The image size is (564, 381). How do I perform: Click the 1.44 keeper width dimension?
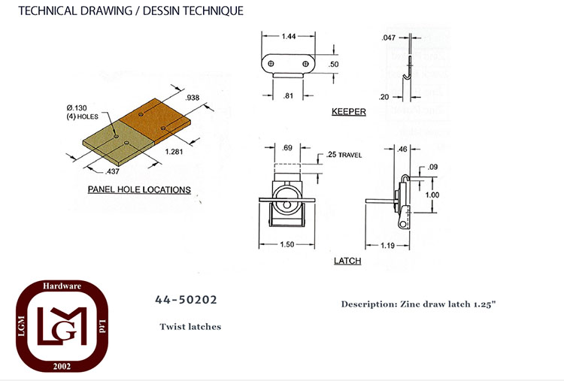(289, 36)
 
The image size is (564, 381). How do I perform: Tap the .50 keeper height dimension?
(334, 65)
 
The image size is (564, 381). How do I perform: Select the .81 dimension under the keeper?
(288, 96)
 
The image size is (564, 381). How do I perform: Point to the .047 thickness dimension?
(389, 38)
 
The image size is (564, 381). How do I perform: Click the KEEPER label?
(348, 111)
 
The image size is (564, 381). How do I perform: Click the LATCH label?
(347, 261)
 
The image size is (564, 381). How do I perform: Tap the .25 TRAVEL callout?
(344, 155)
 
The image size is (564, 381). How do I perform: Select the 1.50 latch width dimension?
(287, 244)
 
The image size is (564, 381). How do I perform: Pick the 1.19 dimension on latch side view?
(388, 246)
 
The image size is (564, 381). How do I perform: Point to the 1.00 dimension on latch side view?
(432, 195)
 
